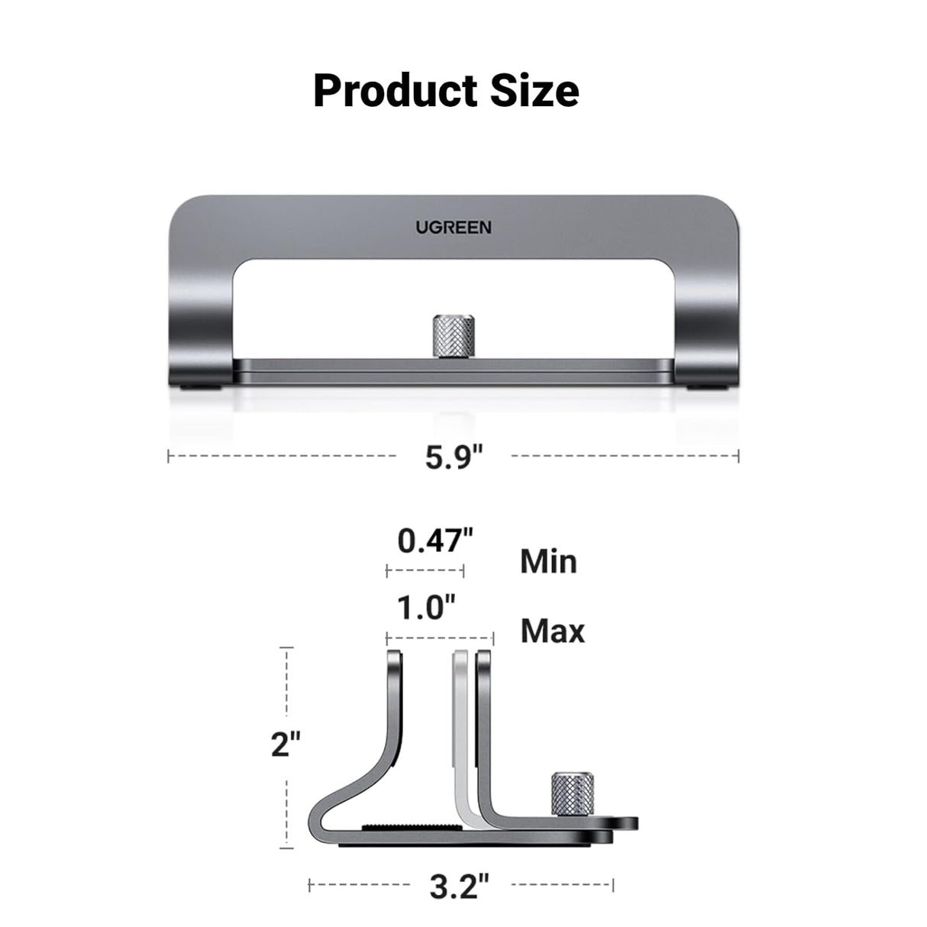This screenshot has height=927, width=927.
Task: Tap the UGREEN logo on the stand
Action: point(454,228)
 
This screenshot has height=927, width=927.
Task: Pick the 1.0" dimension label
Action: point(426,609)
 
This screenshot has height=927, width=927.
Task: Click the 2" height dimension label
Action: point(286,744)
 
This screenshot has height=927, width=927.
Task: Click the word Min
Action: point(548,562)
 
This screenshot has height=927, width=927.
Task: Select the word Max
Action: point(552,631)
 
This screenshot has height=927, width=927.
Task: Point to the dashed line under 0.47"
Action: point(425,570)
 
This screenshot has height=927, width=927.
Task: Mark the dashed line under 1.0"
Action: point(440,636)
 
